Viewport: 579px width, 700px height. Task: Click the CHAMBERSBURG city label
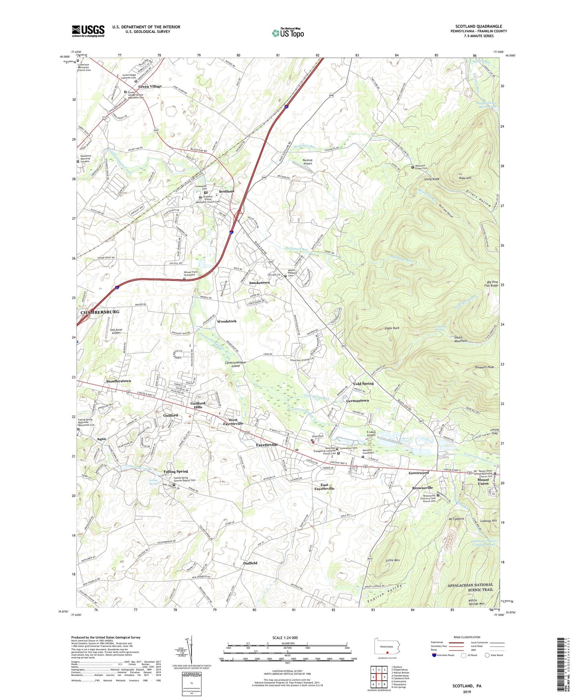(x=100, y=312)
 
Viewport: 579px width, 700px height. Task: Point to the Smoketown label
(x=260, y=283)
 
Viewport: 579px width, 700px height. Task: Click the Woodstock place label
(x=227, y=321)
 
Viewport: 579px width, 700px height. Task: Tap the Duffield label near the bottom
(x=250, y=563)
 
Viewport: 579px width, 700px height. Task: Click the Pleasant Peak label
(x=485, y=367)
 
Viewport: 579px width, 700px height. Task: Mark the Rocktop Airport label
(x=307, y=162)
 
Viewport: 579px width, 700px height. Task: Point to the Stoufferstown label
(x=119, y=381)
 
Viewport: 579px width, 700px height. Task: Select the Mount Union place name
(x=483, y=482)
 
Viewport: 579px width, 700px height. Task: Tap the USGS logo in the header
(x=88, y=30)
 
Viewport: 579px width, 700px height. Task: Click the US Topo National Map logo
(x=288, y=32)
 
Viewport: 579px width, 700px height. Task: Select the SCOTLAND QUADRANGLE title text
(x=478, y=26)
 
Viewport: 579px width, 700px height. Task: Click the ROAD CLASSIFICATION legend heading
(x=467, y=637)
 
